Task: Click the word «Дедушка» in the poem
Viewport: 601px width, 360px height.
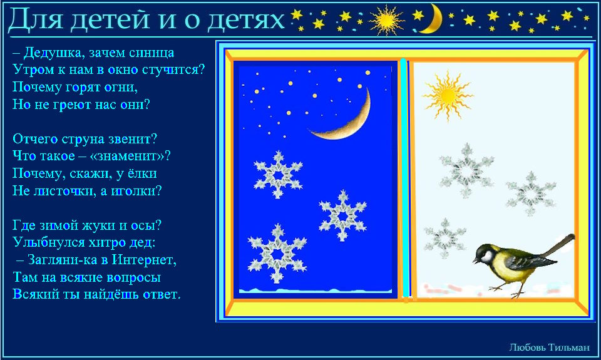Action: coord(52,53)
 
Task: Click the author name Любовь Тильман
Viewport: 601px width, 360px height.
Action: coord(549,347)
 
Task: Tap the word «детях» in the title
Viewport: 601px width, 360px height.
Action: coord(245,19)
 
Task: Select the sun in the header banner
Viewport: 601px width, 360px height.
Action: coord(386,20)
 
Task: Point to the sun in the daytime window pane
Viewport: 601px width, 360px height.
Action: coord(447,95)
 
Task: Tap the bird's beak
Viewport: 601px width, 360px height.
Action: coord(475,260)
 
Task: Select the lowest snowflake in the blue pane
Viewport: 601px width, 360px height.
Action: coord(277,254)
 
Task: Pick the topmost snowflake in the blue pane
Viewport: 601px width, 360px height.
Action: coord(278,175)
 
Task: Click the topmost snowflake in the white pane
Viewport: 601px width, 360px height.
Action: coord(466,170)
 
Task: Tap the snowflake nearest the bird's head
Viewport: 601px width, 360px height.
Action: coord(444,238)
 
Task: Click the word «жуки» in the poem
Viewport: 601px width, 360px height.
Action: coord(100,225)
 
